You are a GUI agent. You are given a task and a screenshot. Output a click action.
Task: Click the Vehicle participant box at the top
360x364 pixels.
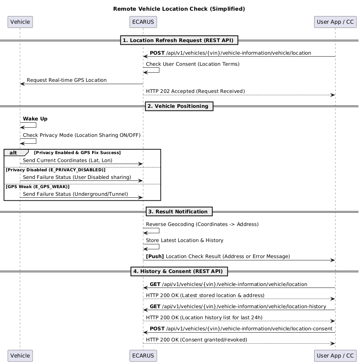(x=20, y=22)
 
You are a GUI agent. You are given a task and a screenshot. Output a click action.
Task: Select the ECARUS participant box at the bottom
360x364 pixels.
(x=143, y=356)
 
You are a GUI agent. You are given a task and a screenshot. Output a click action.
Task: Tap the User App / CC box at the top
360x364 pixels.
(x=335, y=22)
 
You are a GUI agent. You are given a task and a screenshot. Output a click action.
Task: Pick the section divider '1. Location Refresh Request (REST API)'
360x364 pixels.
(x=179, y=40)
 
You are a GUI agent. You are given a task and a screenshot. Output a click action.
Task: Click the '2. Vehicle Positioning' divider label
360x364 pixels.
(x=179, y=106)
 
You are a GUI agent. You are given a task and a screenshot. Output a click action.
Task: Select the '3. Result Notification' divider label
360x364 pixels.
(x=179, y=211)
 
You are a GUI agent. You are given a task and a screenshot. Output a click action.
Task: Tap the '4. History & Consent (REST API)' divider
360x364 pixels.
(x=179, y=271)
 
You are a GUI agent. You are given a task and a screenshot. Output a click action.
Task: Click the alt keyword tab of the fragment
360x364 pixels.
(x=13, y=153)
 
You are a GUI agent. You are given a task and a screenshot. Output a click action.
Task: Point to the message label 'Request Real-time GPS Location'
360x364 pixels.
(x=66, y=80)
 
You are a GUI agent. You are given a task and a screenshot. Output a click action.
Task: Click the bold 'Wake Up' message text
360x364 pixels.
(x=35, y=119)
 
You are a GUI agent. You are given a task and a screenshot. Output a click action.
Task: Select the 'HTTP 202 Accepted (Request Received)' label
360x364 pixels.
(x=195, y=91)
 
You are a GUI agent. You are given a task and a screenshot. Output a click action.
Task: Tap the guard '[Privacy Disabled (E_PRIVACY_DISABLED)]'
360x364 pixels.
(x=55, y=170)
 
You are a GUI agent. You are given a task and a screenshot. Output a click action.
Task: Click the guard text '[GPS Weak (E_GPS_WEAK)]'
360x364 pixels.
(x=37, y=187)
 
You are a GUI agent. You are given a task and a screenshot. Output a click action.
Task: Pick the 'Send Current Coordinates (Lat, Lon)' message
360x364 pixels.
(x=68, y=161)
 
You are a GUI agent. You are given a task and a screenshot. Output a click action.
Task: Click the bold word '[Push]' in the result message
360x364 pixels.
(x=155, y=256)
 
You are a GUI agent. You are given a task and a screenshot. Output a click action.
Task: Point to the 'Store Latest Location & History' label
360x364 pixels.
(x=185, y=240)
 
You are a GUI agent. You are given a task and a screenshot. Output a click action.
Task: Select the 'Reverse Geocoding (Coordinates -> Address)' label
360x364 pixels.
(x=202, y=224)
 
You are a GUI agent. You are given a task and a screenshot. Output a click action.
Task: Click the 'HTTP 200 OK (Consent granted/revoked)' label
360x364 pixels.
(x=196, y=340)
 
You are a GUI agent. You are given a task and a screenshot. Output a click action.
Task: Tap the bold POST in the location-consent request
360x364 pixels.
(x=157, y=329)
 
